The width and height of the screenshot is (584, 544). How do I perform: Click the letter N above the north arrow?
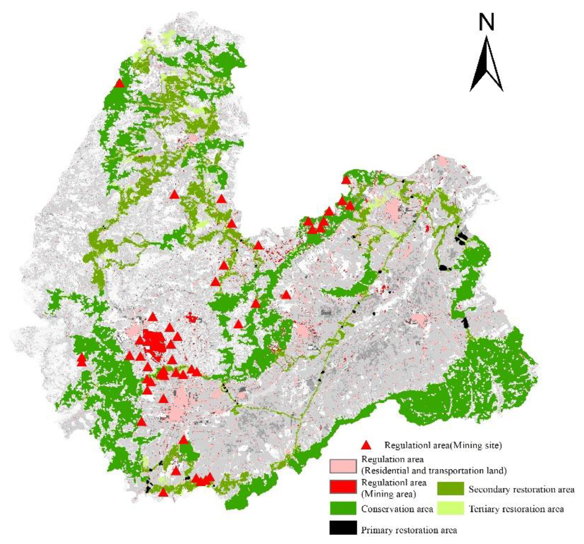pyautogui.click(x=486, y=23)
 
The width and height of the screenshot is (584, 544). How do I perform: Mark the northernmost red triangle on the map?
pyautogui.click(x=119, y=83)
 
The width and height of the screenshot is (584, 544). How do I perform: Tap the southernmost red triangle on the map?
pyautogui.click(x=163, y=493)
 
